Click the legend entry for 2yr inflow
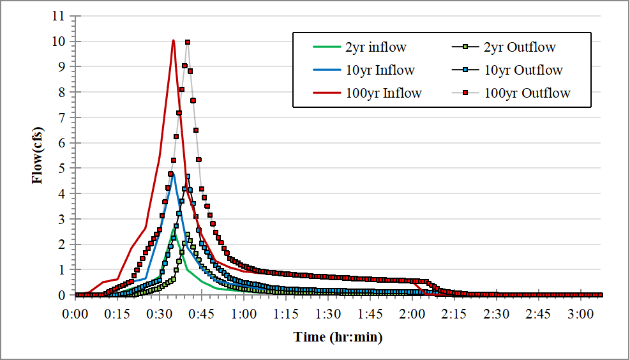(376, 47)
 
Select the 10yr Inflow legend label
(380, 70)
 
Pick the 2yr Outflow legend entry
(520, 47)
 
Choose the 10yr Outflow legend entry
(523, 70)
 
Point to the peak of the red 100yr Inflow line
(174, 40)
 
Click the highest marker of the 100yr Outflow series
(188, 42)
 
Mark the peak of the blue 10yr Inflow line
(174, 173)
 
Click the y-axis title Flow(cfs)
(38, 156)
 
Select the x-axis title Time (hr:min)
(338, 336)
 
